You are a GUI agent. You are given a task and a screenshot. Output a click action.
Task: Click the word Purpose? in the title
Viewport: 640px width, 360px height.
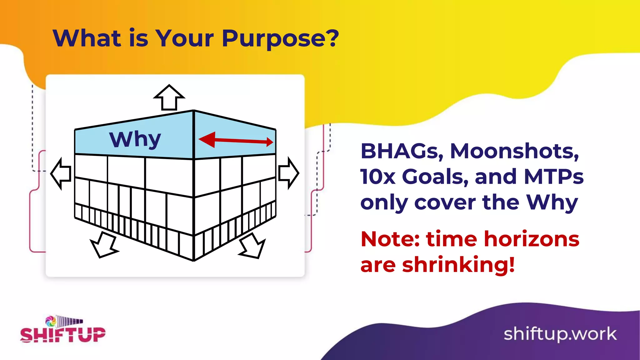click(x=280, y=39)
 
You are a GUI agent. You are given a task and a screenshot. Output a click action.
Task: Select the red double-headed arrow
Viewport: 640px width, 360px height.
click(x=236, y=140)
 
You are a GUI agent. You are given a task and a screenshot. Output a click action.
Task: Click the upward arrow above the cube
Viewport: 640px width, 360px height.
click(x=169, y=97)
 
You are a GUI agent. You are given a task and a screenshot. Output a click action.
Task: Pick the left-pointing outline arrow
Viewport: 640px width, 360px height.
click(x=61, y=173)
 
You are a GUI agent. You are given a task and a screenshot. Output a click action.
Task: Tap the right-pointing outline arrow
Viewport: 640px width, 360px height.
click(x=288, y=173)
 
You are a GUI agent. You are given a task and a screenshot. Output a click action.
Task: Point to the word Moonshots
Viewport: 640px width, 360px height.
click(x=514, y=152)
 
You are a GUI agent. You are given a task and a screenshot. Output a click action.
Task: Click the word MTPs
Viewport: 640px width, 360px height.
click(x=553, y=177)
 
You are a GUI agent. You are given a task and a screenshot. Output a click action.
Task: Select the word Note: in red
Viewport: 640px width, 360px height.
click(x=390, y=239)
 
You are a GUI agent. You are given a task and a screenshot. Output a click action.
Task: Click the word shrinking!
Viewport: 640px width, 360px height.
click(x=458, y=265)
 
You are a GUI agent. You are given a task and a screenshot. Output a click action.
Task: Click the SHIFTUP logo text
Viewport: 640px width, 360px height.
click(x=63, y=335)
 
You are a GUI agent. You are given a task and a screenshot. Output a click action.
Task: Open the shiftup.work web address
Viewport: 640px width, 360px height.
click(x=560, y=334)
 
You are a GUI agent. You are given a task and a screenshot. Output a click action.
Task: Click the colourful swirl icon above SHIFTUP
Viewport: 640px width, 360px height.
click(x=51, y=321)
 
